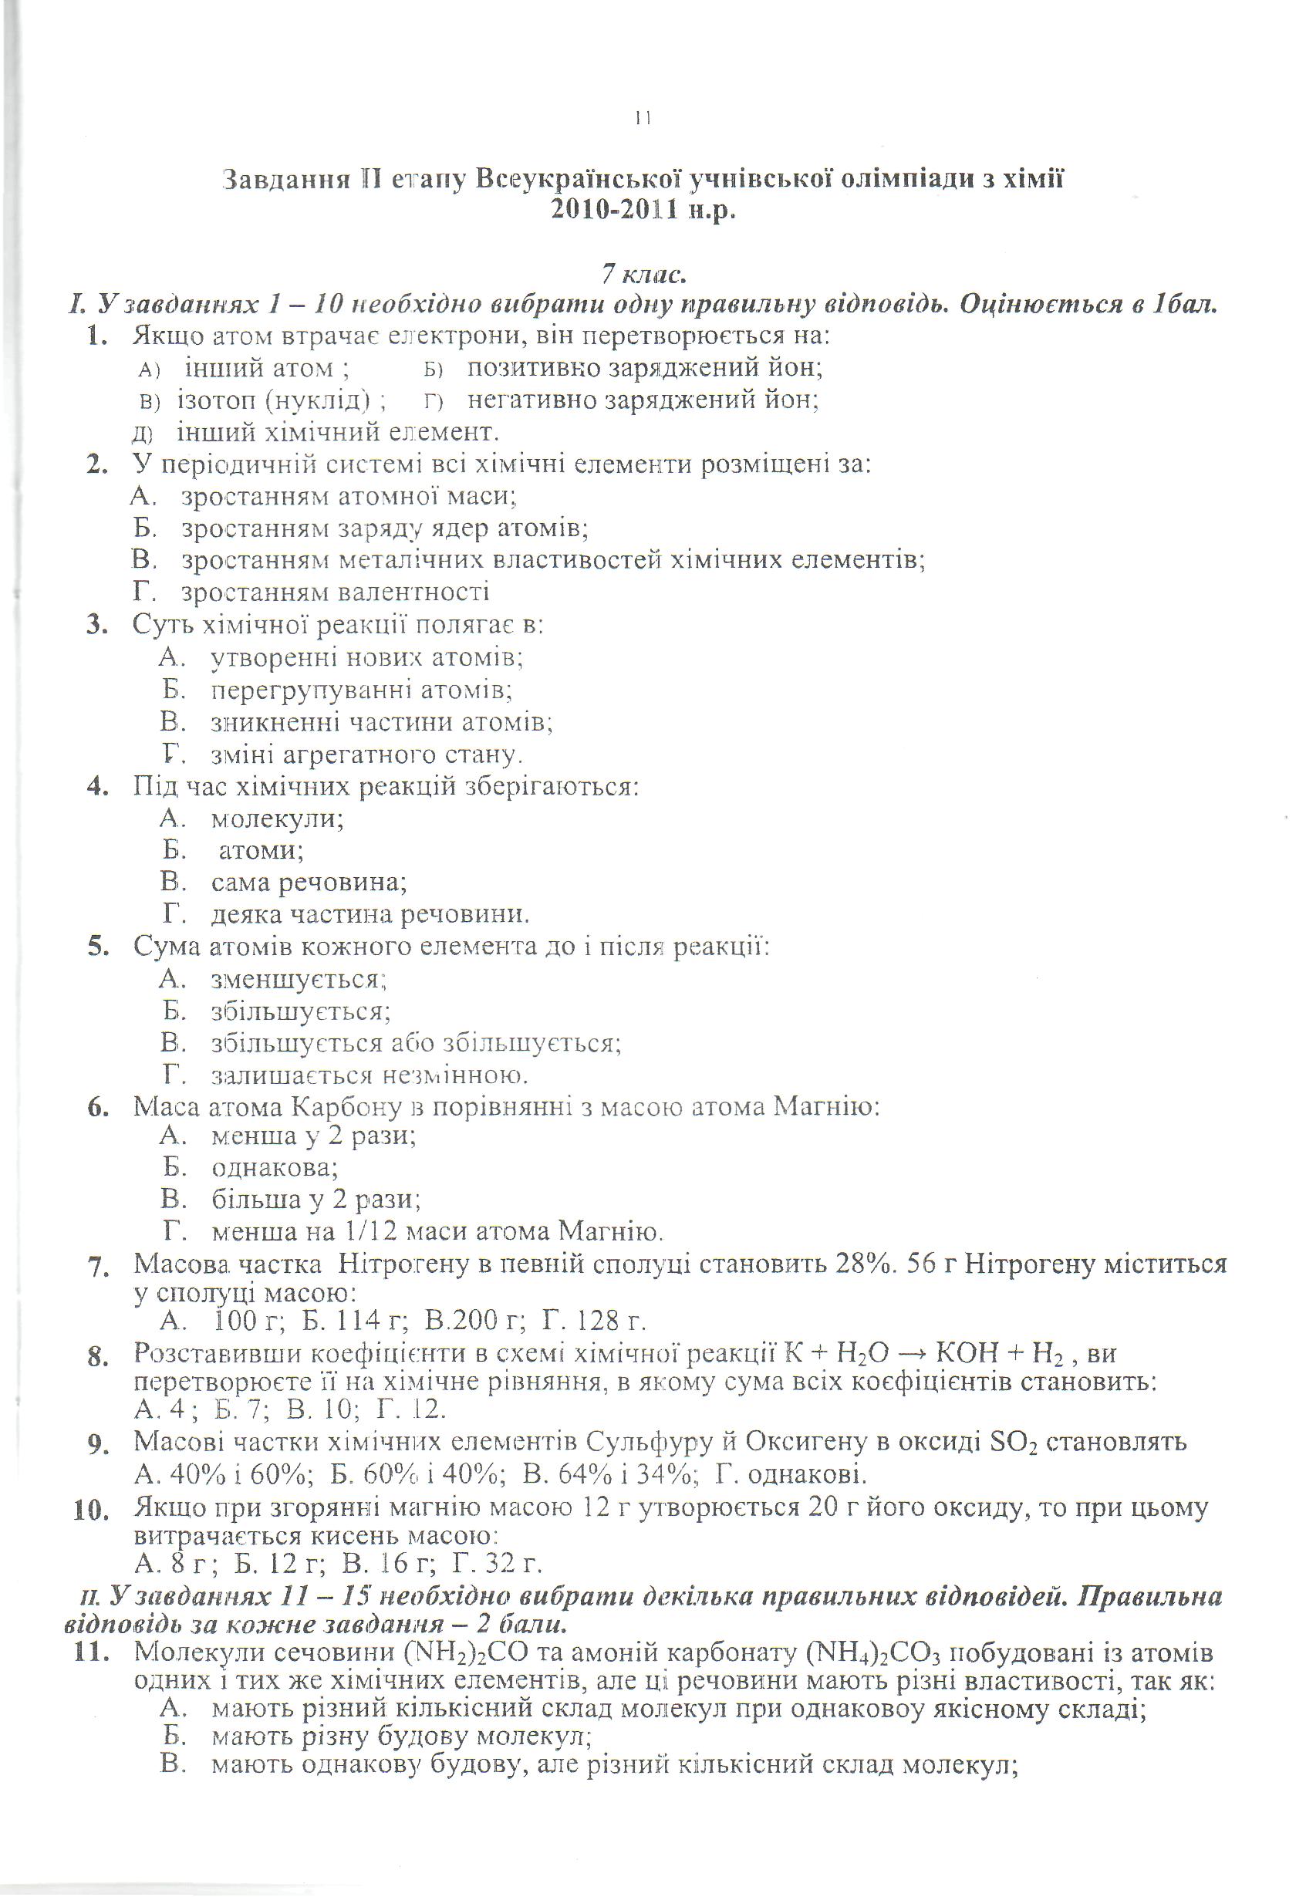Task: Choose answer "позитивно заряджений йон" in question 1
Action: click(x=644, y=368)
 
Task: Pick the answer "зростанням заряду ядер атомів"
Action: click(x=385, y=528)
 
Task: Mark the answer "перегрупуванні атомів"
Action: click(x=362, y=690)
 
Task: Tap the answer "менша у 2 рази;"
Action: click(x=313, y=1136)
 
